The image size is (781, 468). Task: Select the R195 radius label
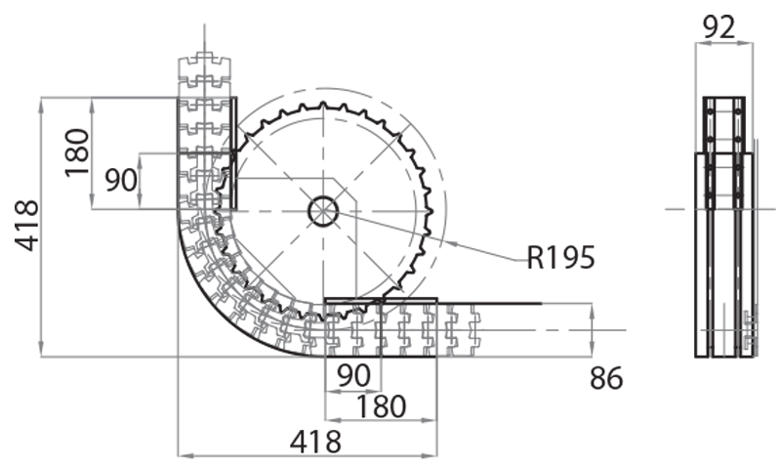coord(560,258)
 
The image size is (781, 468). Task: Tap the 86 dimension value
coord(606,378)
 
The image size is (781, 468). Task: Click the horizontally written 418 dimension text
coord(315,442)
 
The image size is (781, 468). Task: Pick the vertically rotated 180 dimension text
coord(77,151)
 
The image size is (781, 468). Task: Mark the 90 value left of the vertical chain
coord(120,180)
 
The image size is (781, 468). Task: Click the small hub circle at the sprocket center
coord(323,210)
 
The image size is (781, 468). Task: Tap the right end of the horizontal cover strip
coord(540,304)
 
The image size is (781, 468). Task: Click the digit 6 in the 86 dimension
coord(615,378)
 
